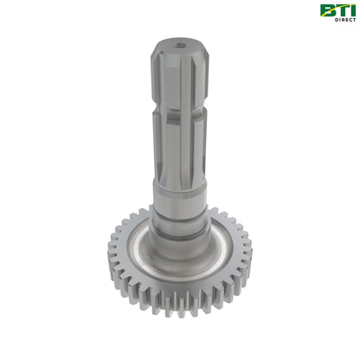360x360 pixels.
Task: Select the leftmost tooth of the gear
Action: [x=112, y=260]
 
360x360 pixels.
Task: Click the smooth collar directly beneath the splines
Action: [x=180, y=195]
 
